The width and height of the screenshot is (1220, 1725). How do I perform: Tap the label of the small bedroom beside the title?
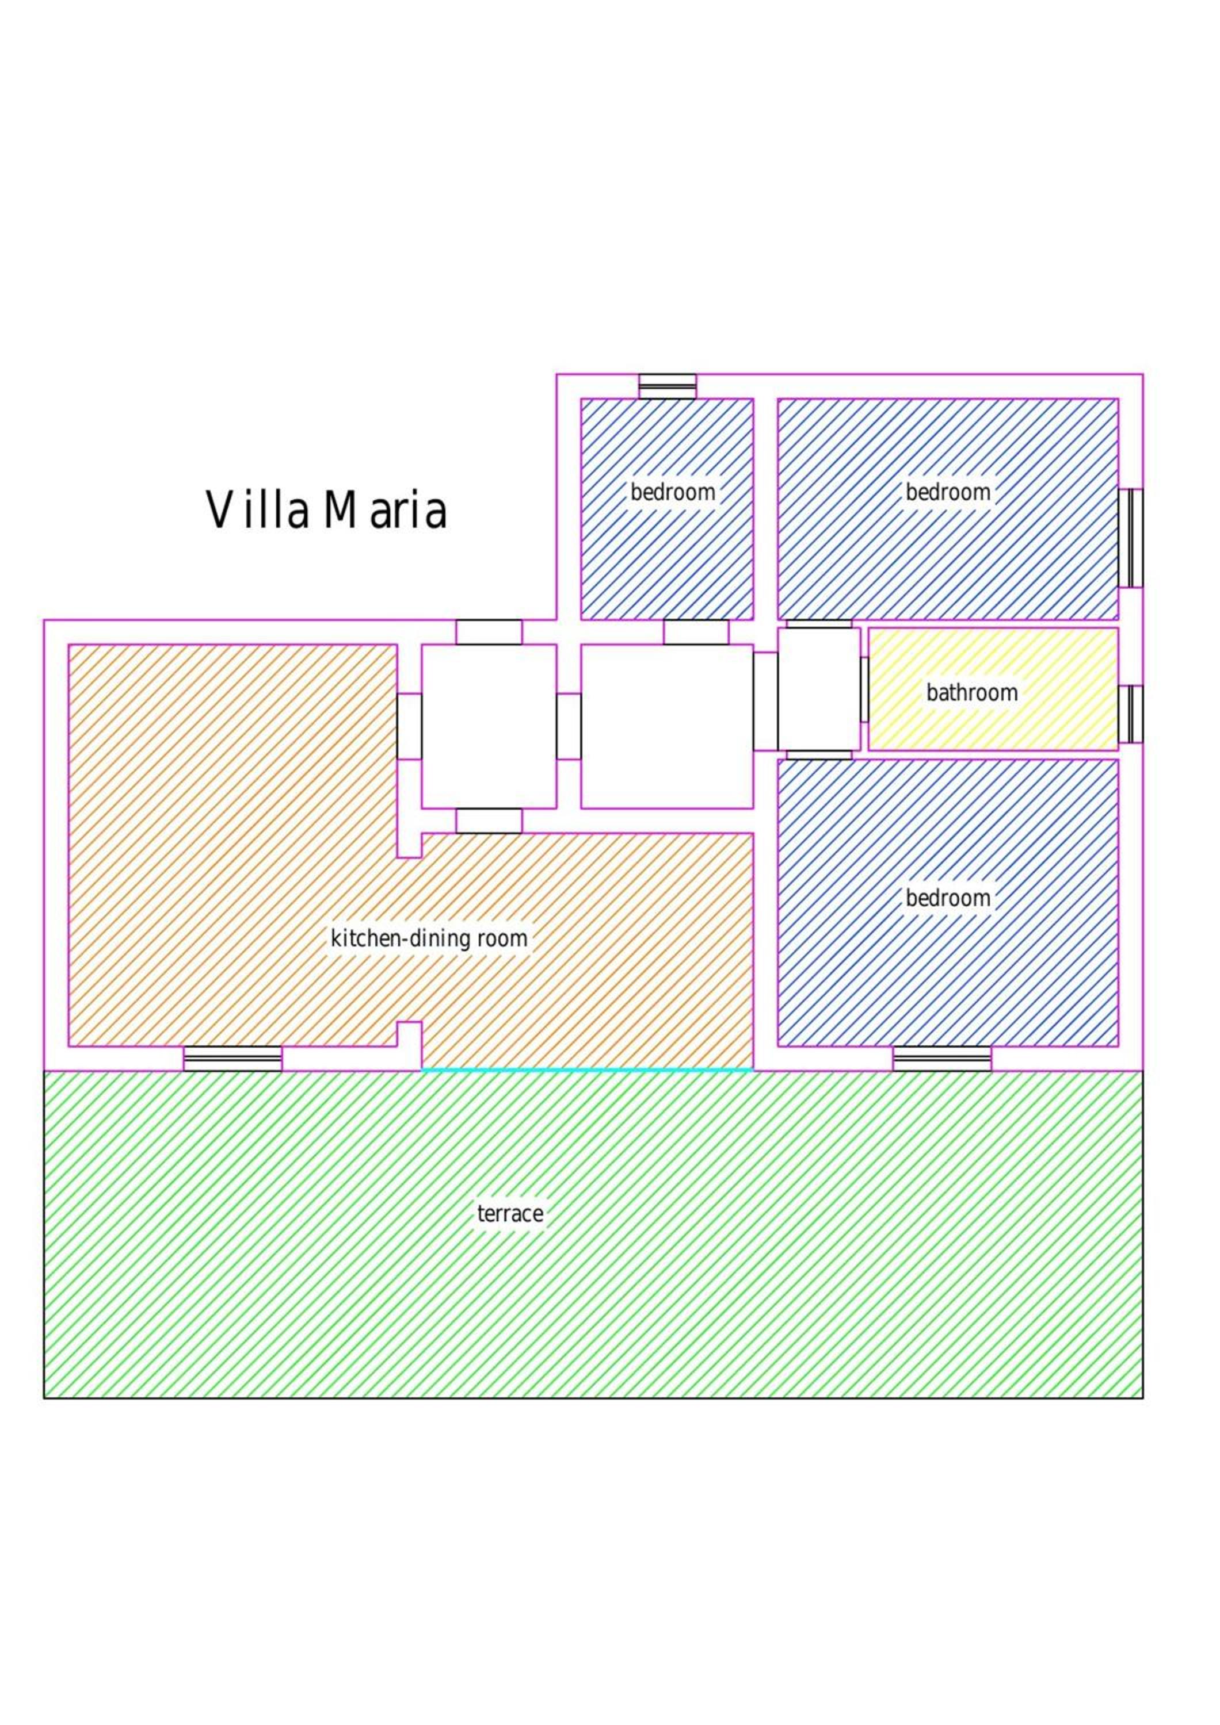pyautogui.click(x=673, y=493)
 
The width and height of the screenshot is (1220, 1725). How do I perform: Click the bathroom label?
pyautogui.click(x=972, y=693)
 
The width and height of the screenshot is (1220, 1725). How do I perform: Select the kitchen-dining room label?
pyautogui.click(x=429, y=938)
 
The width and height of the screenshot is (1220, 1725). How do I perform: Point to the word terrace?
pyautogui.click(x=510, y=1213)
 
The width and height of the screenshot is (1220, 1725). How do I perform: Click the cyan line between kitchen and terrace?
pyautogui.click(x=587, y=1069)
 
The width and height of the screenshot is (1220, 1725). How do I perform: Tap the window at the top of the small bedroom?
pyautogui.click(x=668, y=386)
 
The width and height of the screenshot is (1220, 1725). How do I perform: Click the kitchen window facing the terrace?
pyautogui.click(x=233, y=1058)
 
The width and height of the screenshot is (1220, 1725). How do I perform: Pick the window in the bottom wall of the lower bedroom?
pyautogui.click(x=942, y=1058)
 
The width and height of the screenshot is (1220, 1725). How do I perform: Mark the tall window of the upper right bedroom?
pyautogui.click(x=1131, y=538)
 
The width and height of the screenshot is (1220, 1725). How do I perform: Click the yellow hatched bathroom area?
pyautogui.click(x=993, y=689)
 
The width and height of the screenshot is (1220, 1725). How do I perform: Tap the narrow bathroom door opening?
pyautogui.click(x=864, y=689)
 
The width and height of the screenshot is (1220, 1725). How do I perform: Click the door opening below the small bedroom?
pyautogui.click(x=696, y=632)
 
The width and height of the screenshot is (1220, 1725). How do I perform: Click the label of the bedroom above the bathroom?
pyautogui.click(x=948, y=493)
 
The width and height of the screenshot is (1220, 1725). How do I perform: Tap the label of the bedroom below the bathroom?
pyautogui.click(x=948, y=898)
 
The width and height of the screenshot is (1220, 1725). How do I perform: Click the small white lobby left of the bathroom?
pyautogui.click(x=818, y=689)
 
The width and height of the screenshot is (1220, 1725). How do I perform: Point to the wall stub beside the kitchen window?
pyautogui.click(x=409, y=1045)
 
